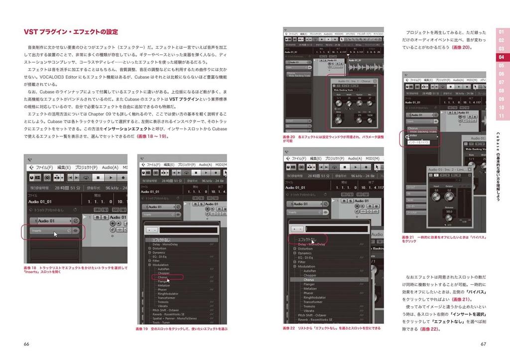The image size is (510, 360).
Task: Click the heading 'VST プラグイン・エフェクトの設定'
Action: pyautogui.click(x=71, y=32)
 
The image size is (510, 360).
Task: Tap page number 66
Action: pyautogui.click(x=26, y=344)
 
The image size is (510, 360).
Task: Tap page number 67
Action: pyautogui.click(x=483, y=344)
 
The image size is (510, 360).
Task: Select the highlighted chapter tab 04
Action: pyautogui.click(x=501, y=57)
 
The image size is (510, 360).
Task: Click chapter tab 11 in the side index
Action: pyautogui.click(x=501, y=116)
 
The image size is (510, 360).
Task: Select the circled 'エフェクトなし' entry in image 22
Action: pyautogui.click(x=308, y=240)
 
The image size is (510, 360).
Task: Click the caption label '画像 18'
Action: pyautogui.click(x=30, y=268)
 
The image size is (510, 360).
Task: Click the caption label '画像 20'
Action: pyautogui.click(x=289, y=137)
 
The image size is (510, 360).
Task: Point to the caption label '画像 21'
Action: pyautogui.click(x=408, y=238)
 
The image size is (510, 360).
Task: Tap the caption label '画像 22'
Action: pyautogui.click(x=289, y=329)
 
